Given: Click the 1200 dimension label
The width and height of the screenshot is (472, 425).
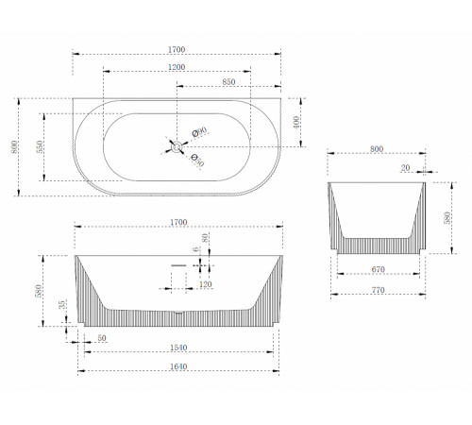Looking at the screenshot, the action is coord(177,67).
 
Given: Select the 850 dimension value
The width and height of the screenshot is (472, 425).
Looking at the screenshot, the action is coord(228,82).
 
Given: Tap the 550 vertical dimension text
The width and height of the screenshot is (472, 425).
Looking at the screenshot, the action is coord(40,147).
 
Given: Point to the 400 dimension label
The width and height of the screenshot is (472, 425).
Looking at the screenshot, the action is coord(296,123).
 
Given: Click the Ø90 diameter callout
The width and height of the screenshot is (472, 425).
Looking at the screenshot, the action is coord(199,131).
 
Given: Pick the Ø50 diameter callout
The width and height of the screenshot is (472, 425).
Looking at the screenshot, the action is coord(198,161).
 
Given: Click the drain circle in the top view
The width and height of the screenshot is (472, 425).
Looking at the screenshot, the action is coord(177,146).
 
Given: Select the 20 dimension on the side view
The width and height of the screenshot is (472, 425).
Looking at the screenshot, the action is coord(405,168).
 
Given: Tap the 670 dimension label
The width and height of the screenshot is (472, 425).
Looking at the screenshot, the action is coord(378,269).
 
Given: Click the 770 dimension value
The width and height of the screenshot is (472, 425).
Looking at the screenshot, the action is coord(378,290).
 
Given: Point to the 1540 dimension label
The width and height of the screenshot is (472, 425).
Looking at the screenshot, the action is coord(178,348).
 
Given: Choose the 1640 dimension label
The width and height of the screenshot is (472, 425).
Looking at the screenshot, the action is coord(178,366).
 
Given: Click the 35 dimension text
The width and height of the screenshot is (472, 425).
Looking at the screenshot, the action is coord(62,304).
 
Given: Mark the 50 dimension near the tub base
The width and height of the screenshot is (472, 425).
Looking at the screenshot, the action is coord(102,338).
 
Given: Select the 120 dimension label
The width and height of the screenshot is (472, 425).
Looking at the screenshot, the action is coord(206,284).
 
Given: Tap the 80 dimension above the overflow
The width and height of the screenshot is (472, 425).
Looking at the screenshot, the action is coord(205,238).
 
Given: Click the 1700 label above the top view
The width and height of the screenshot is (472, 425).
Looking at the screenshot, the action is coord(177,49).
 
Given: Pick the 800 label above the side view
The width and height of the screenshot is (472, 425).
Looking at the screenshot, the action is coord(377,149).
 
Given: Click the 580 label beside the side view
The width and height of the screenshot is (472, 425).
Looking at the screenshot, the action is coord(447,218).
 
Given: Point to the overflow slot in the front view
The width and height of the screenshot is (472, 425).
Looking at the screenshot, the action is coord(178,265).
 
